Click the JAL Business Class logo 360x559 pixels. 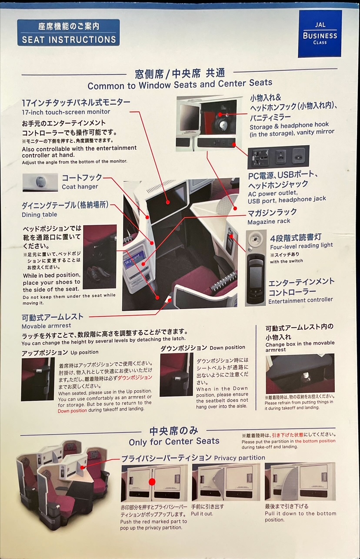(320, 34)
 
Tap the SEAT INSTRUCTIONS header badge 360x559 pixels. (68, 33)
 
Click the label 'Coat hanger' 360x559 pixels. (80, 186)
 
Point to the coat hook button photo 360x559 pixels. (40, 183)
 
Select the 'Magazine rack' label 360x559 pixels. (269, 221)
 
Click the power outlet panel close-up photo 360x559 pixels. (278, 157)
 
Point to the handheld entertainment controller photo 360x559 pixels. (256, 268)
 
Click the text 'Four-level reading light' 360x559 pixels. (301, 246)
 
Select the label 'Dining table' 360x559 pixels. (40, 215)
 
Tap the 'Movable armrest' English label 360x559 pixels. (46, 326)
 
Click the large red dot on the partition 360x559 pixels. (152, 482)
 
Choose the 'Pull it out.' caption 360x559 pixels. (202, 514)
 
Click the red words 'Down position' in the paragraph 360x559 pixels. (73, 410)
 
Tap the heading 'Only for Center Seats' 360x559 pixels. (174, 442)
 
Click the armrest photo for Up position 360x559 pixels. (38, 379)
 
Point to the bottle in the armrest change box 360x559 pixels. (305, 376)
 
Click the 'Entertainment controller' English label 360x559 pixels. (300, 300)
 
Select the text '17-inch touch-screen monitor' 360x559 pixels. (66, 112)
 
